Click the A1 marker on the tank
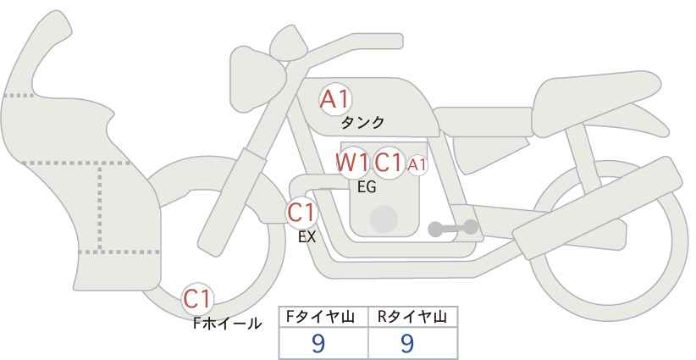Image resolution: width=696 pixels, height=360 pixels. pyautogui.click(x=335, y=99)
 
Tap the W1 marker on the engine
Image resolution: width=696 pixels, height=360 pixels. pyautogui.click(x=352, y=163)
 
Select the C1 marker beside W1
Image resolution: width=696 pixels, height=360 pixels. pyautogui.click(x=389, y=163)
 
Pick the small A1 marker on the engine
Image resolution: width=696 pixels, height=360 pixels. pyautogui.click(x=417, y=165)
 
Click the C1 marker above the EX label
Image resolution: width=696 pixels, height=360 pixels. pyautogui.click(x=301, y=213)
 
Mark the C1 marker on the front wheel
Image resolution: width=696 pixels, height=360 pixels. pyautogui.click(x=197, y=299)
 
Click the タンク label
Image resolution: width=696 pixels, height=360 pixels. pyautogui.click(x=362, y=123)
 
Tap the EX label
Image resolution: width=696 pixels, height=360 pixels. pyautogui.click(x=307, y=237)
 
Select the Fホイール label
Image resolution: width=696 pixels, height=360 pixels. pyautogui.click(x=227, y=324)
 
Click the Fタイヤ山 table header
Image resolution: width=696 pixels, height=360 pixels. pyautogui.click(x=320, y=317)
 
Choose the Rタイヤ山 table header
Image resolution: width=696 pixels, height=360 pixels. pyautogui.click(x=412, y=317)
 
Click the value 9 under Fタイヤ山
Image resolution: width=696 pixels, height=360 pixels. pyautogui.click(x=318, y=343)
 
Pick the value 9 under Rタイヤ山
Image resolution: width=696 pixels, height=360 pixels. pyautogui.click(x=407, y=343)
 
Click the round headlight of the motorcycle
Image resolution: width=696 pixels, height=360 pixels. pyautogui.click(x=257, y=79)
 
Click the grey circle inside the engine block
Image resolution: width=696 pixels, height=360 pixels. pyautogui.click(x=384, y=219)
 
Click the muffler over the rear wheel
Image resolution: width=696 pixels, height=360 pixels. pyautogui.click(x=597, y=208)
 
